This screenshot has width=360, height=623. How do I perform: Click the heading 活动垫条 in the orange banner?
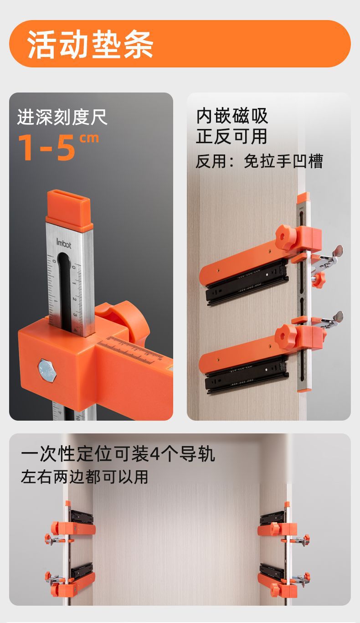90,44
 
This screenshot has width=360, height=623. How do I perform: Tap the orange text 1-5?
46,147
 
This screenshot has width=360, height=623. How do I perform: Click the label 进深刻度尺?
62,117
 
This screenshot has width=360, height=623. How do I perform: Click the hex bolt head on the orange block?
47,371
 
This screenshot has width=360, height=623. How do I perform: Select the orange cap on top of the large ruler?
69,209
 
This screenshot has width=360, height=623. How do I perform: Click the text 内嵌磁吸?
232,116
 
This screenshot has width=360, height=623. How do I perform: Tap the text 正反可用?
232,136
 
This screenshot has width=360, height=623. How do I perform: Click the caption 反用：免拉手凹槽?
259,161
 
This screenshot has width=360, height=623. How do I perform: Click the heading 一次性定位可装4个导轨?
118,454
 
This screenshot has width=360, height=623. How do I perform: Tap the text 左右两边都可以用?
84,477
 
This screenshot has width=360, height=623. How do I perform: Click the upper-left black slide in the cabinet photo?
81,517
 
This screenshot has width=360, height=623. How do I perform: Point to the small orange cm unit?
89,138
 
